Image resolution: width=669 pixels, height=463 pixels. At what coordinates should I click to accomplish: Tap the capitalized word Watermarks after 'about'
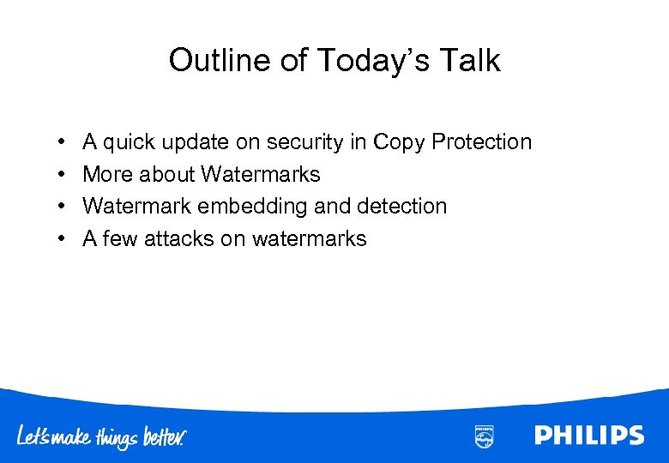pos(260,174)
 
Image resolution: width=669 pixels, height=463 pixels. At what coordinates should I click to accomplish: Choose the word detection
pos(403,207)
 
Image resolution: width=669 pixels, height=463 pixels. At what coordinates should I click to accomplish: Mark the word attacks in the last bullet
pos(178,239)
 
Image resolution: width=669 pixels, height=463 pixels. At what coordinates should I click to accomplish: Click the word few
pos(120,239)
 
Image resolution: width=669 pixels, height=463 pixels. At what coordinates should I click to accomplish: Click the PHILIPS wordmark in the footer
pos(588,436)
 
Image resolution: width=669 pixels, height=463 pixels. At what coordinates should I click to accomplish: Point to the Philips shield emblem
pos(484,436)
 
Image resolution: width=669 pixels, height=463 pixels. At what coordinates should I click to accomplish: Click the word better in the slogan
pos(161,436)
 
